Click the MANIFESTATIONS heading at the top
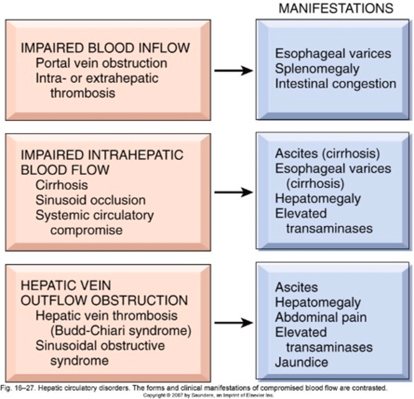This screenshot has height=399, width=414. pyautogui.click(x=336, y=8)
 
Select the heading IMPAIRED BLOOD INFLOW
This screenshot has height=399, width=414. pyautogui.click(x=105, y=48)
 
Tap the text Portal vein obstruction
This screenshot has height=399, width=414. pyautogui.click(x=102, y=63)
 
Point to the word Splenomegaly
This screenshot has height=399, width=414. pyautogui.click(x=317, y=69)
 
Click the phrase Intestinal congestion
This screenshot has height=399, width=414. pyautogui.click(x=335, y=84)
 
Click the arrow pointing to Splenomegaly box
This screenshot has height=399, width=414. pyautogui.click(x=234, y=70)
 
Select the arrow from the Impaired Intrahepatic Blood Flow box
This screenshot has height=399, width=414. pyautogui.click(x=234, y=192)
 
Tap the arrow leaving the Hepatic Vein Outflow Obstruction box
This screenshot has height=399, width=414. pyautogui.click(x=234, y=323)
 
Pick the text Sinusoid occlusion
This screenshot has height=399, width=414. pyautogui.click(x=91, y=200)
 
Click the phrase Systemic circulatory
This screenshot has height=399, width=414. pyautogui.click(x=95, y=215)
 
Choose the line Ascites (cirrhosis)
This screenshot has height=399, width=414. pyautogui.click(x=327, y=154)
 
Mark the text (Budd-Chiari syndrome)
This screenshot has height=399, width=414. pyautogui.click(x=121, y=331)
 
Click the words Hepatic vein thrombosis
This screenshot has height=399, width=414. pyautogui.click(x=106, y=316)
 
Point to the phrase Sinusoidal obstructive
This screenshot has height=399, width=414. pyautogui.click(x=100, y=345)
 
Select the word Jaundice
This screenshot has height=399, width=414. pyautogui.click(x=302, y=362)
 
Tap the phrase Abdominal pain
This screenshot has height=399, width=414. pyautogui.click(x=321, y=317)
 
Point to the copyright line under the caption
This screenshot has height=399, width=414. pyautogui.click(x=208, y=395)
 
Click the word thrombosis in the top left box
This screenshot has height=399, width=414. pyautogui.click(x=83, y=93)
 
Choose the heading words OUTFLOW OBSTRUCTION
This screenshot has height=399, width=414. pyautogui.click(x=104, y=301)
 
